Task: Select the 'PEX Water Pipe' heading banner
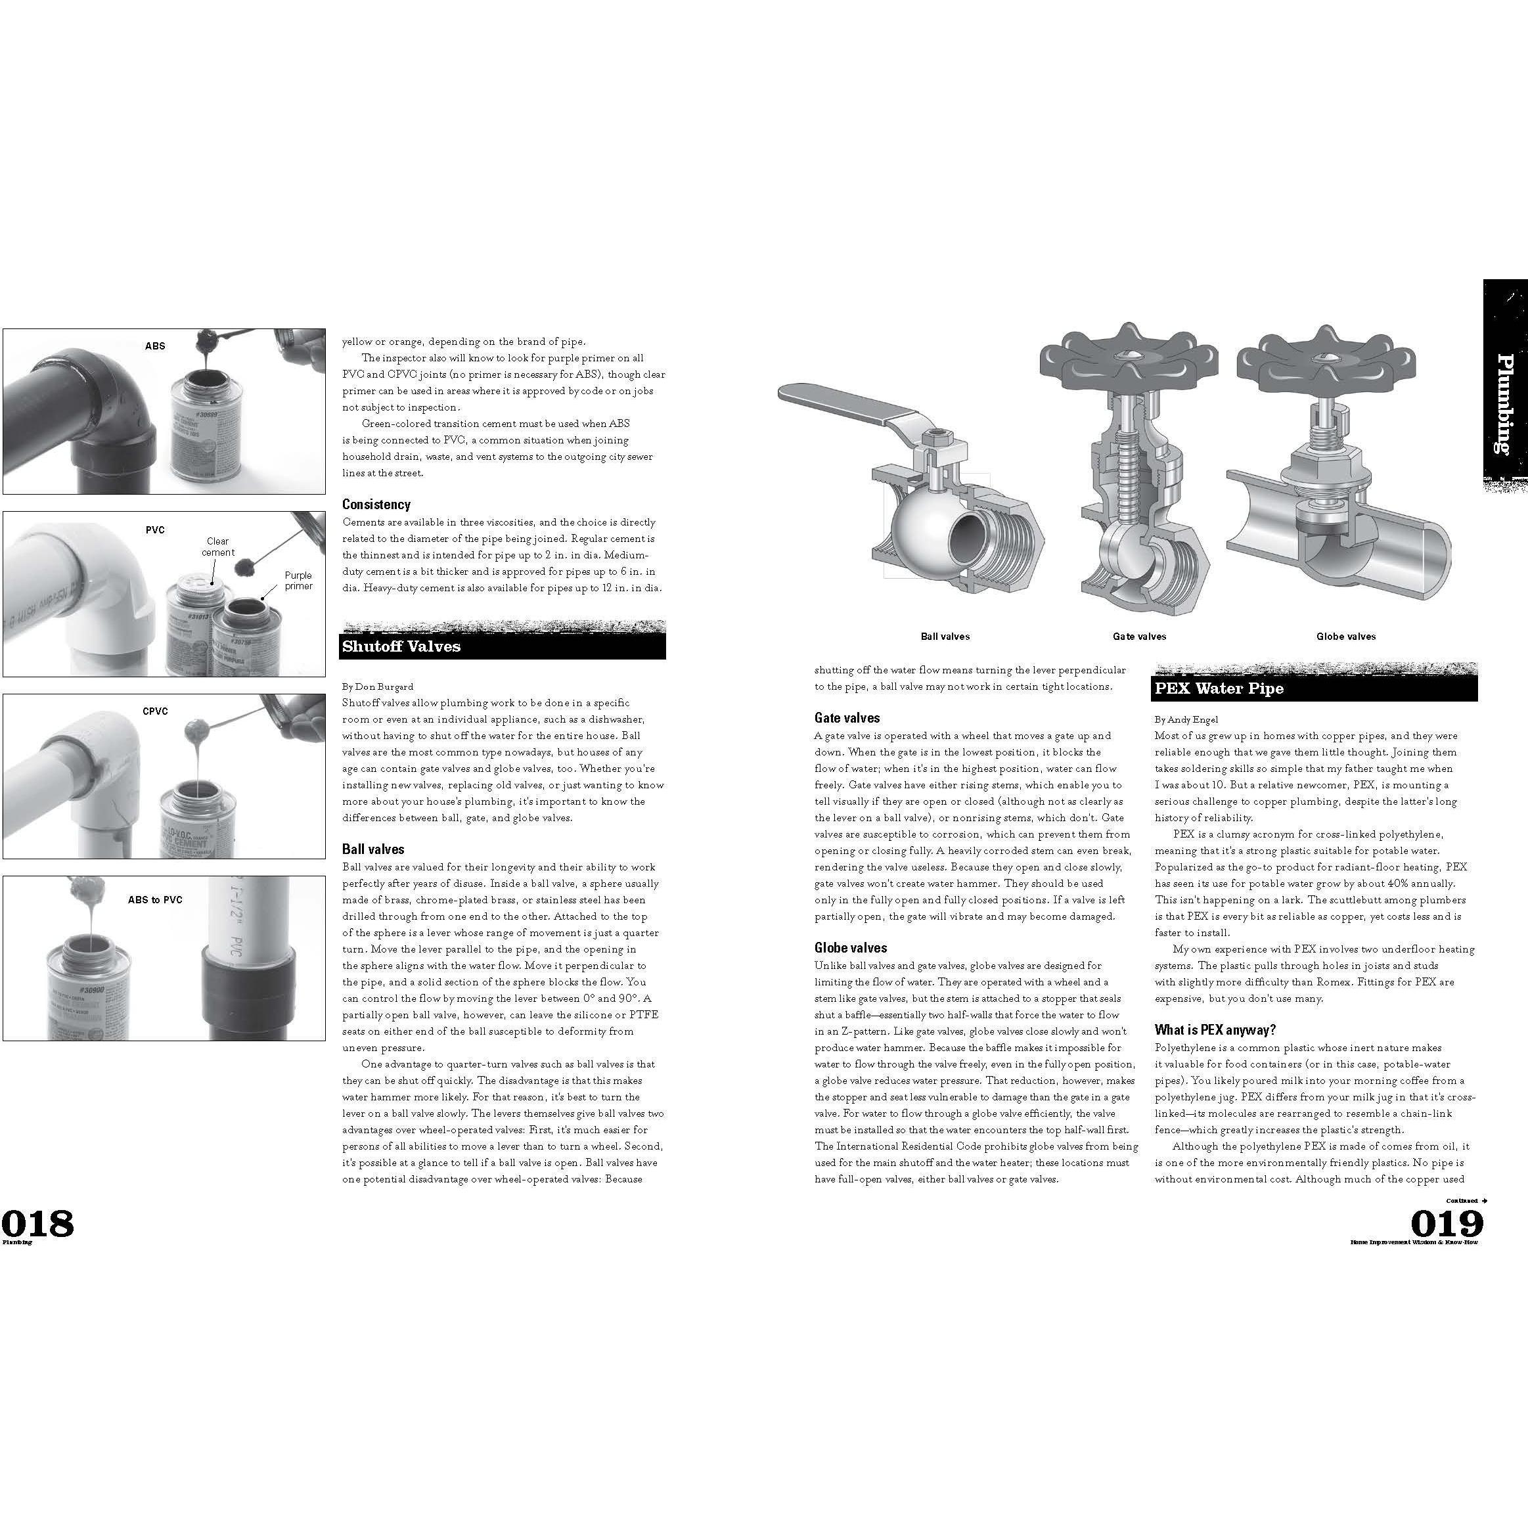click(1219, 688)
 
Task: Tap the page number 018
click(37, 1223)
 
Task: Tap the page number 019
click(1447, 1223)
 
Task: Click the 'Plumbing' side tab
click(1504, 403)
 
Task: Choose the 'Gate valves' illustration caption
click(1139, 636)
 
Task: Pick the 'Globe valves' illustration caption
click(1345, 636)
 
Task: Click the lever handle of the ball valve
click(854, 407)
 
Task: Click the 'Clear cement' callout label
click(217, 547)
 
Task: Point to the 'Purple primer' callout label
click(298, 581)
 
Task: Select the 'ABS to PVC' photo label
click(155, 899)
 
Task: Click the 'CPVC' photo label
click(155, 711)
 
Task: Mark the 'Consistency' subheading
click(376, 505)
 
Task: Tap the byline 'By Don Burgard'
click(377, 686)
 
